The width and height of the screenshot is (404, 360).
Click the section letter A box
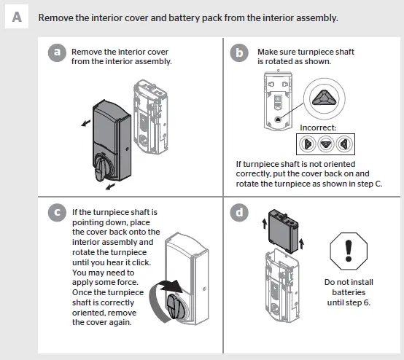tap(16, 16)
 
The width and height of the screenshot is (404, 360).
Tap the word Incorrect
tap(318, 128)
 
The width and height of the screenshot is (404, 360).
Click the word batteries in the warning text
tap(347, 291)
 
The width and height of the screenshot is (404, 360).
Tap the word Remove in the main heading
tap(57, 17)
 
